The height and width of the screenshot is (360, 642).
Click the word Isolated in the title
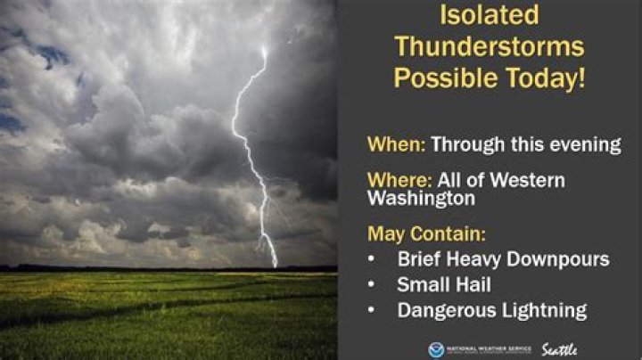pos(490,15)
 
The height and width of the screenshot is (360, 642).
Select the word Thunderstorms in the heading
pos(490,46)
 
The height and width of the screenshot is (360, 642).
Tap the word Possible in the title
pos(443,78)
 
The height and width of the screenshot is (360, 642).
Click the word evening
pos(586,146)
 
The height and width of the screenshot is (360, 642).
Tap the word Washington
pos(422,200)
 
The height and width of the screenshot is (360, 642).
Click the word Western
pos(527,181)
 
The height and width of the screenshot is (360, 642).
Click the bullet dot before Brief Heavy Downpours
pos(374,260)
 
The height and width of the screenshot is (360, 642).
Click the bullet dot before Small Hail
pos(374,286)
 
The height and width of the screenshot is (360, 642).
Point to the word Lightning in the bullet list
pos(544,311)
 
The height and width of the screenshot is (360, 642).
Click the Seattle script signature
pos(559,348)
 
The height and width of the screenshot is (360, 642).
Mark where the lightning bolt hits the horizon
pos(275,266)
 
